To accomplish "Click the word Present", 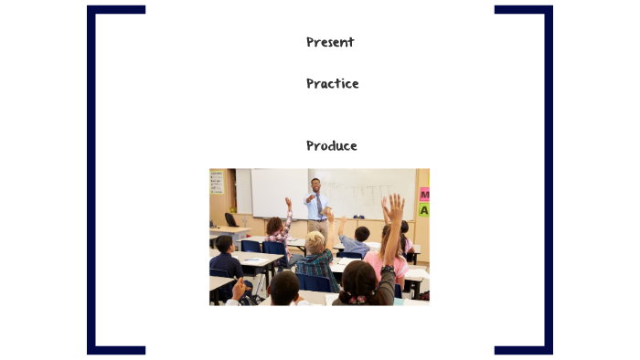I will tap(330, 42).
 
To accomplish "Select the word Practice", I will tap(332, 84).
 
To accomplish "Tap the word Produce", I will tap(331, 146).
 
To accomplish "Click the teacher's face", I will tap(316, 185).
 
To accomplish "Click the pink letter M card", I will tap(423, 194).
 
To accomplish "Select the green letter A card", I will tap(423, 209).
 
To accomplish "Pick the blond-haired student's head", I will tap(315, 242).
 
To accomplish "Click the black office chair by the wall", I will tap(231, 220).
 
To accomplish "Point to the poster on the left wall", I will tap(217, 181).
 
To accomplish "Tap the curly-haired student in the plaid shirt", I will tap(276, 230).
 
